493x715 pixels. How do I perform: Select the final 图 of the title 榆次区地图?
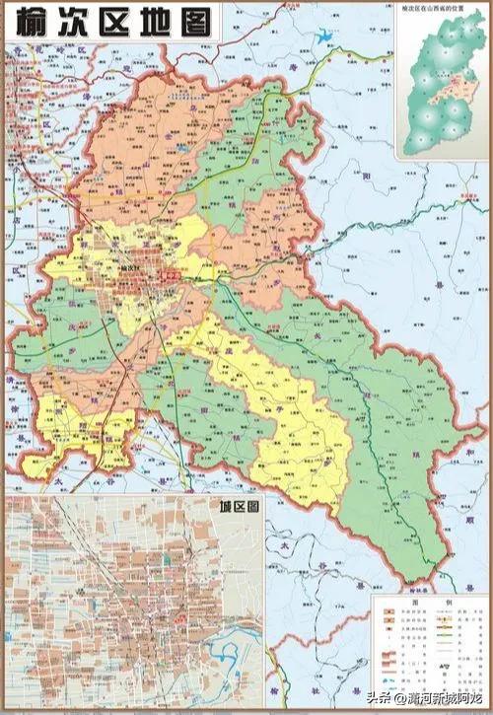(198, 22)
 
